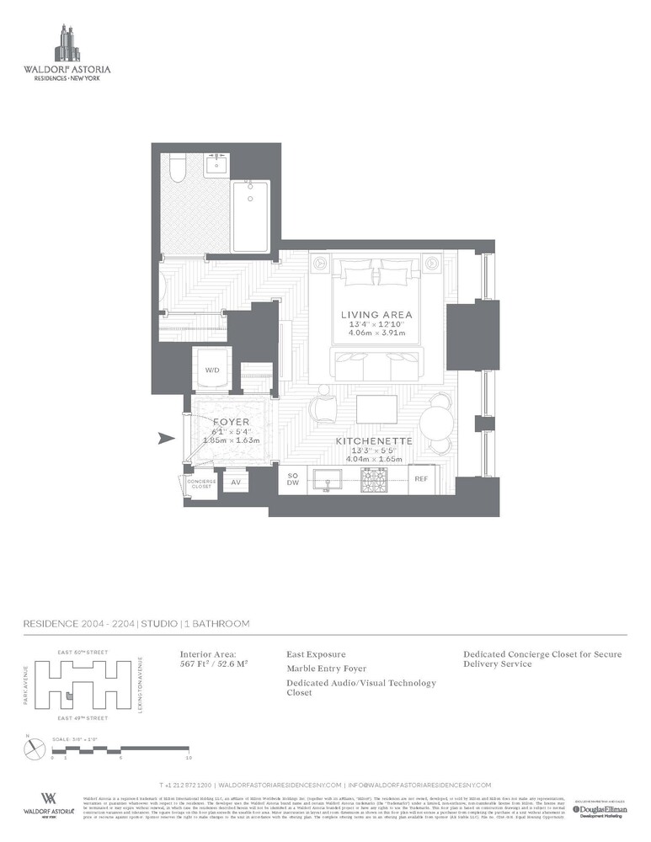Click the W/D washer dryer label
tap(211, 369)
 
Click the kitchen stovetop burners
tap(373, 479)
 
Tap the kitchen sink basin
tap(328, 480)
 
